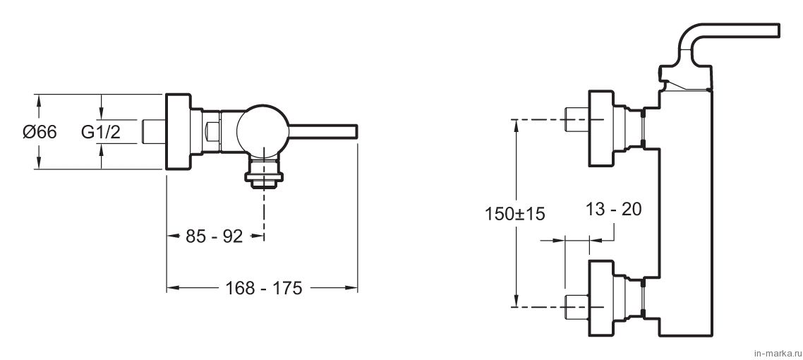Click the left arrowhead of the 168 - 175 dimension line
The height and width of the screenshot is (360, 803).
point(171,288)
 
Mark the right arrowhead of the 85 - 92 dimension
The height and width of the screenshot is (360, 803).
point(259,236)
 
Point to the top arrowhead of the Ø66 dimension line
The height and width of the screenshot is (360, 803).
point(37,100)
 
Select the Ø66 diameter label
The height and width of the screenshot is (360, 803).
point(40,132)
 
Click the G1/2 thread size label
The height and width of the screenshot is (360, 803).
point(101,132)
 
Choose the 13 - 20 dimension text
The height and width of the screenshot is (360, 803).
point(613,209)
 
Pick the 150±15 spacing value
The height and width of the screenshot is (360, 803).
point(514,214)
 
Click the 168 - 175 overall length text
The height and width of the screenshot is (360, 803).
point(264,288)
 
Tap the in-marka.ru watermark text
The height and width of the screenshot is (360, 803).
point(777,354)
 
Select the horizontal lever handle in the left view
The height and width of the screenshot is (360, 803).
point(322,131)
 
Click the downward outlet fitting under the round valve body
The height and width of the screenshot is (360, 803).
point(264,171)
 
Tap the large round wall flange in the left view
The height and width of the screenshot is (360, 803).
point(179,131)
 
